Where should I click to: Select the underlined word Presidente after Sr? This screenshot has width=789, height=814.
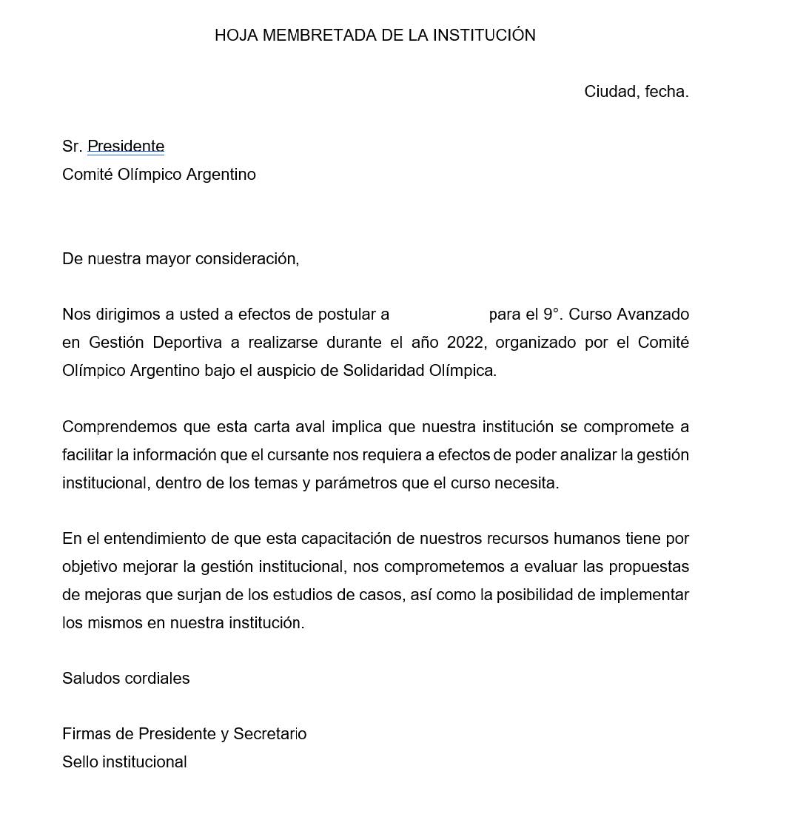pos(126,147)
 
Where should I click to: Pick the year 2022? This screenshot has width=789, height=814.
pos(466,343)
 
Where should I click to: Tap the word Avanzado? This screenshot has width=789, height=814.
pos(653,314)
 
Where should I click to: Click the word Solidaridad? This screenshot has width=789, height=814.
pos(383,371)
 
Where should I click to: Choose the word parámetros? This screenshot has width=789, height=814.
pos(355,483)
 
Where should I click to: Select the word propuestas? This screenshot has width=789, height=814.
pos(648,567)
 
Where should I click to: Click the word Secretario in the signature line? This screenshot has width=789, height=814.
pos(269,734)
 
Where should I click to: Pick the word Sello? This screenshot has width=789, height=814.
pos(80,762)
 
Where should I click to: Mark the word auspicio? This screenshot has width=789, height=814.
pos(286,371)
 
